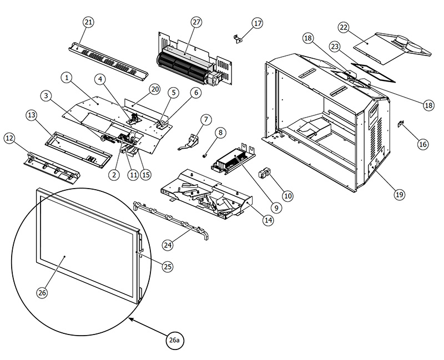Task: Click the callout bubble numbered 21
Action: [88, 22]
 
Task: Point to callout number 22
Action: [344, 28]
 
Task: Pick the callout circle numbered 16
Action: [423, 144]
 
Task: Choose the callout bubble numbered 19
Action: [399, 194]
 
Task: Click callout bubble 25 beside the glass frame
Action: [168, 267]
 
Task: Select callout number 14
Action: [268, 220]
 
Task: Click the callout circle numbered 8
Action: [221, 133]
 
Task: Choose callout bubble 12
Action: [10, 138]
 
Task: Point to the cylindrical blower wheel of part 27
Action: [183, 65]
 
